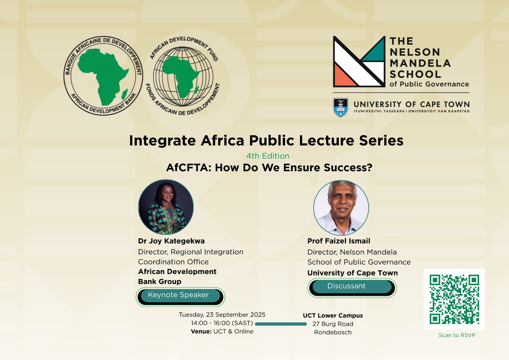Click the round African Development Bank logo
pyautogui.click(x=103, y=75)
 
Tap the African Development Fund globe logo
pyautogui.click(x=183, y=76)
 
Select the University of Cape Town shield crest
pyautogui.click(x=340, y=108)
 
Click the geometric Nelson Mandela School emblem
pyautogui.click(x=359, y=62)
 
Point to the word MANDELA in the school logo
pyautogui.click(x=420, y=63)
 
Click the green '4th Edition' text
pyautogui.click(x=268, y=156)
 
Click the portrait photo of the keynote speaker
pyautogui.click(x=166, y=207)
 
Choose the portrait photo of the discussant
pyautogui.click(x=341, y=208)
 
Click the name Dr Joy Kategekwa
pyautogui.click(x=171, y=241)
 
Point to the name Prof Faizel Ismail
pyautogui.click(x=338, y=241)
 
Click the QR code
pyautogui.click(x=454, y=299)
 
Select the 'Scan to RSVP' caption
pyautogui.click(x=457, y=335)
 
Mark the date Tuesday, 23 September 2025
pyautogui.click(x=222, y=315)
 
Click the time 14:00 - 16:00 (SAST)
pyautogui.click(x=222, y=323)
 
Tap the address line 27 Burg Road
pyautogui.click(x=333, y=324)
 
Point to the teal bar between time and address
pyautogui.click(x=281, y=324)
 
